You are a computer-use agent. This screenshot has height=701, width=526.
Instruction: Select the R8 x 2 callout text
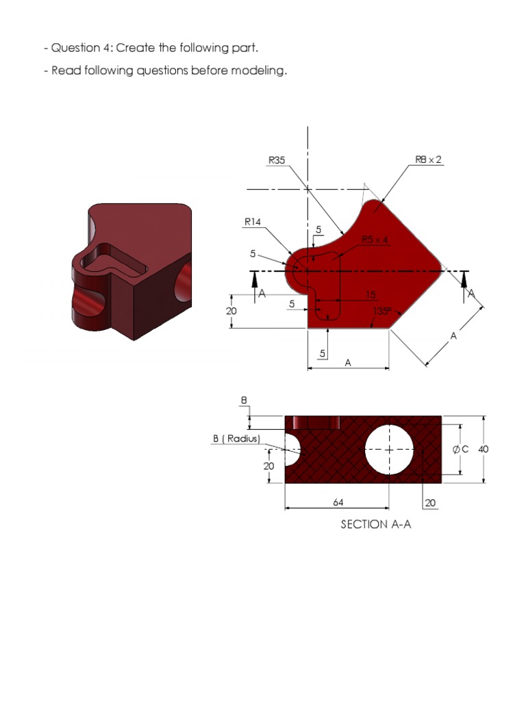[x=429, y=160]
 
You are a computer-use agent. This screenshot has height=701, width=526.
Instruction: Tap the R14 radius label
[x=253, y=221]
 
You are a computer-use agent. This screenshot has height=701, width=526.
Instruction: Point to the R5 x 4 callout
[x=375, y=240]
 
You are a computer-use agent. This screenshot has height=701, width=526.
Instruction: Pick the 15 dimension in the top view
[x=370, y=295]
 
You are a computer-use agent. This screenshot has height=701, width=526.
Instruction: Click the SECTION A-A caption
[x=375, y=524]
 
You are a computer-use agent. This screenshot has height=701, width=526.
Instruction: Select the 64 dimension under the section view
[x=338, y=502]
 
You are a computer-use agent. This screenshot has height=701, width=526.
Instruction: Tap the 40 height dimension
[x=484, y=449]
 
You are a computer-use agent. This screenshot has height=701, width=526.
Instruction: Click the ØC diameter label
[x=460, y=449]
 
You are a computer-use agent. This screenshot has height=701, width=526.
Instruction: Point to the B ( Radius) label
[x=237, y=439]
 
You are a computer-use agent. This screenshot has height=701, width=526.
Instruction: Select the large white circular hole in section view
[x=389, y=450]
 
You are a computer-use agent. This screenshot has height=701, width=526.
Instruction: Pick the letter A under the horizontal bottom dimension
[x=348, y=364]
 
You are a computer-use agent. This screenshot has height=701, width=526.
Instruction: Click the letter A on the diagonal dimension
[x=453, y=336]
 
